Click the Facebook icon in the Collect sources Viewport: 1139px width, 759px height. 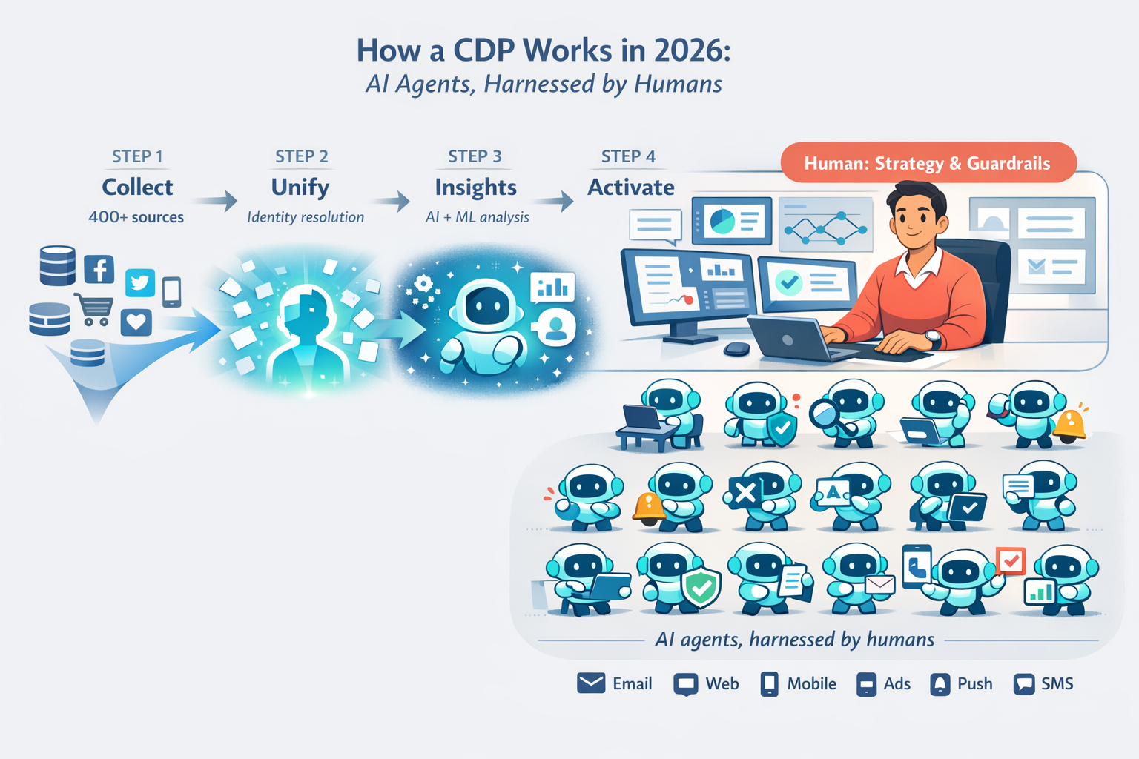(x=99, y=269)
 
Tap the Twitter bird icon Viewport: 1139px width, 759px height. (x=140, y=282)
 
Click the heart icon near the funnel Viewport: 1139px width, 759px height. (x=136, y=322)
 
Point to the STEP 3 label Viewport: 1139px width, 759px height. (x=475, y=156)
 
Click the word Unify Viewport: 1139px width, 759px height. (x=300, y=188)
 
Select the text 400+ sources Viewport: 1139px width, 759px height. (x=136, y=217)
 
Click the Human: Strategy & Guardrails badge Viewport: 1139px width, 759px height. (x=928, y=163)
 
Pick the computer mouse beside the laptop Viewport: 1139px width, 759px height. (x=736, y=348)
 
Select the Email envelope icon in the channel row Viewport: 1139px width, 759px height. (x=591, y=683)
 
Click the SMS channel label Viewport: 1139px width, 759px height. (x=1057, y=683)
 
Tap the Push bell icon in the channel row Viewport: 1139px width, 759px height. (x=940, y=684)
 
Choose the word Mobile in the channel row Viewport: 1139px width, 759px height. (x=811, y=683)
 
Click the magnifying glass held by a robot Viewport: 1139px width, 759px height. (x=825, y=414)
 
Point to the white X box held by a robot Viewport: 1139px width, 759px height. (x=745, y=492)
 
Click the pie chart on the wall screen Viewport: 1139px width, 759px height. (x=721, y=220)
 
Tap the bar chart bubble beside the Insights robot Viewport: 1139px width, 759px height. (x=553, y=288)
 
